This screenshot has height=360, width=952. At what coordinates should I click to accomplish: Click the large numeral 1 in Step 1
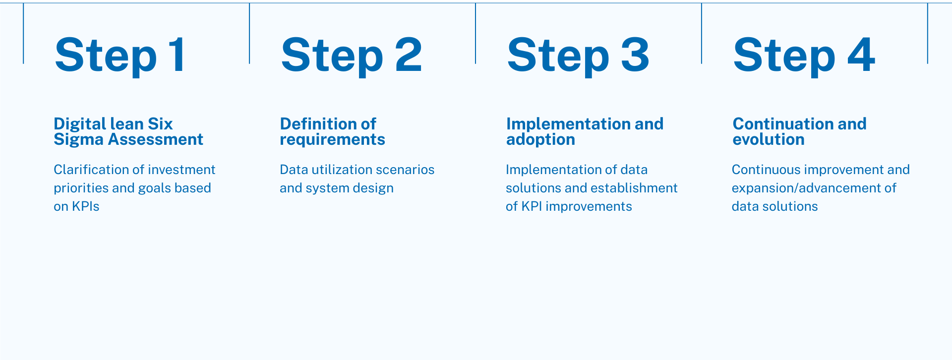click(x=177, y=55)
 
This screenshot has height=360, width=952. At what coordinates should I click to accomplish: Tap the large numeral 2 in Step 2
click(x=409, y=55)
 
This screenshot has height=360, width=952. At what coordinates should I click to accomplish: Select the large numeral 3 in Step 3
click(x=635, y=55)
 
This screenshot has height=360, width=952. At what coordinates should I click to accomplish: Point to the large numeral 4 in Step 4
click(x=861, y=55)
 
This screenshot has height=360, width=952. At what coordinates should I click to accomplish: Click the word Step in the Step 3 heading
click(x=558, y=57)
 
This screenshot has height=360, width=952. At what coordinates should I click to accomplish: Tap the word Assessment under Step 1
click(x=156, y=139)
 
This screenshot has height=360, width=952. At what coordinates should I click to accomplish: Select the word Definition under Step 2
click(x=316, y=123)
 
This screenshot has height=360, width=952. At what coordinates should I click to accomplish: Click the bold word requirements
click(x=332, y=140)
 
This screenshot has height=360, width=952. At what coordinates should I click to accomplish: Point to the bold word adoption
click(x=540, y=140)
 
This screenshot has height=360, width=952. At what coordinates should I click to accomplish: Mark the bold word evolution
click(x=769, y=139)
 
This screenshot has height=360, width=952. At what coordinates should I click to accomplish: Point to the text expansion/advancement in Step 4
click(x=806, y=188)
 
